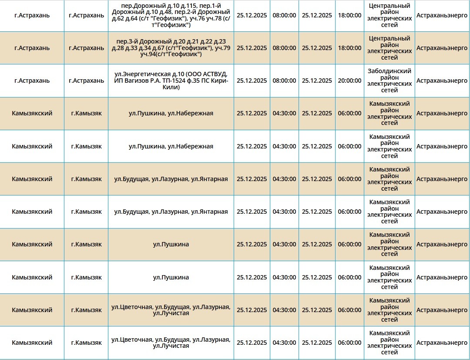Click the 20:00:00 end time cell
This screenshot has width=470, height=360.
(x=349, y=81)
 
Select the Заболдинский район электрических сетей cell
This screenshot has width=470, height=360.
(x=389, y=81)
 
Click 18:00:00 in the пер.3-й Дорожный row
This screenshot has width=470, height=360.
(x=349, y=48)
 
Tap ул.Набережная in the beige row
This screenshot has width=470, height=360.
(x=191, y=113)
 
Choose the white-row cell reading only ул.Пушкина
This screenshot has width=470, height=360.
(x=171, y=277)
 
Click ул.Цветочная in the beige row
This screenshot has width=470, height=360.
(x=131, y=307)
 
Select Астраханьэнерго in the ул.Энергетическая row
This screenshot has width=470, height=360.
(x=442, y=81)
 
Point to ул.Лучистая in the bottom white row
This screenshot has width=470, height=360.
(x=171, y=346)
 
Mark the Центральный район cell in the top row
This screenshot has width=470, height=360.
(x=389, y=15)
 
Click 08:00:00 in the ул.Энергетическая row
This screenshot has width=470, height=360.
(x=284, y=81)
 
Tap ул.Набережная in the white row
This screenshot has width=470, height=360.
(x=191, y=146)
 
